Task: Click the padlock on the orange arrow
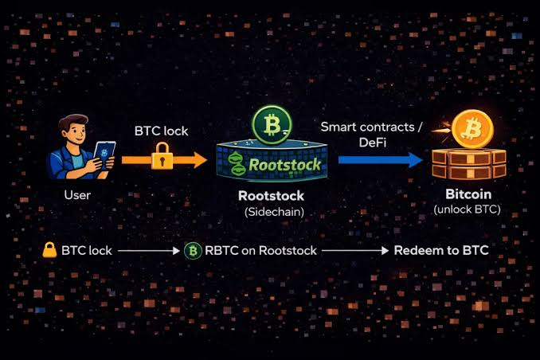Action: [x=162, y=156]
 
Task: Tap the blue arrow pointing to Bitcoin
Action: [x=381, y=160]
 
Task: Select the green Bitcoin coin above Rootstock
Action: [x=272, y=125]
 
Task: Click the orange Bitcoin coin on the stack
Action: [x=472, y=129]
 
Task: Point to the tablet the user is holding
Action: [x=104, y=156]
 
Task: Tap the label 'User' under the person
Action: [x=77, y=195]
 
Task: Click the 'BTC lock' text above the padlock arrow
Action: [x=161, y=131]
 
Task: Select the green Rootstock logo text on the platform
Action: [x=284, y=164]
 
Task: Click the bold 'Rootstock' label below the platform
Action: [x=271, y=196]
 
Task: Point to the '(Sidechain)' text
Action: [x=274, y=212]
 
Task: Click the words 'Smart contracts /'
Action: [x=371, y=127]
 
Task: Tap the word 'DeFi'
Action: [x=373, y=143]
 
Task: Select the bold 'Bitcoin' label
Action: [x=468, y=194]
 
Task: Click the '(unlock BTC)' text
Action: [x=467, y=209]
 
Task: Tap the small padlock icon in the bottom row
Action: [x=49, y=250]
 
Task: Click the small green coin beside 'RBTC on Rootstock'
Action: [x=193, y=251]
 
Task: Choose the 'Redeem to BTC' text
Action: [x=441, y=250]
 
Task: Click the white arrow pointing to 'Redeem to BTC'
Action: [x=355, y=251]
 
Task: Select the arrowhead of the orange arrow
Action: [x=200, y=160]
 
